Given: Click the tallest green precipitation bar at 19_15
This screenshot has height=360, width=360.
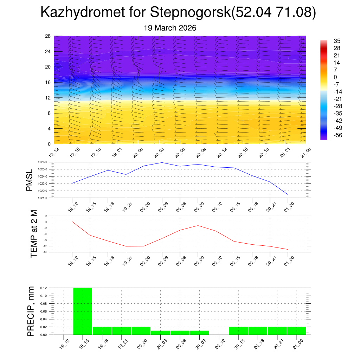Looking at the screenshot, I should point(83,311).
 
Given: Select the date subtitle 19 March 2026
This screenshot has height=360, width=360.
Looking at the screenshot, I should point(170,27).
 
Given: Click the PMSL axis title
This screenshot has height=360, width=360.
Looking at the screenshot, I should point(29,180).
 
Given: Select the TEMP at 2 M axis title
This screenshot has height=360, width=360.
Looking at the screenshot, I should point(34,234).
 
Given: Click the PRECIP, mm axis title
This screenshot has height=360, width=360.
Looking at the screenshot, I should point(31,311).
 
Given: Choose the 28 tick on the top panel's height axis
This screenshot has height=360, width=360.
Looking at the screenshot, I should point(48,36).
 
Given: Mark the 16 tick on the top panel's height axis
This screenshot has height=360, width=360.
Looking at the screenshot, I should point(48,82).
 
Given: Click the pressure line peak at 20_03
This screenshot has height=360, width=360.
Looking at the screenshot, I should point(162,162).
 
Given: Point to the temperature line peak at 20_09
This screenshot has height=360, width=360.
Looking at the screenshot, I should point(198,225).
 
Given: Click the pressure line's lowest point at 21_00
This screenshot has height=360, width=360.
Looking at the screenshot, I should point(288,194).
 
